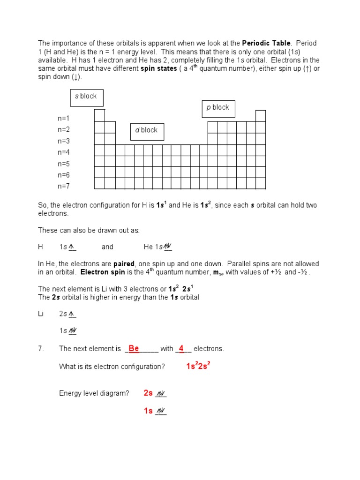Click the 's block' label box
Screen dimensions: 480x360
coord(87,97)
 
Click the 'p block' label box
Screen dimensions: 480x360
coord(218,108)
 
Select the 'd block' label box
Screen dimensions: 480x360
coord(147,131)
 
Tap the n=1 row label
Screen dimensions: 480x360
coord(64,119)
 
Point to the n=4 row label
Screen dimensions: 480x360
coord(64,152)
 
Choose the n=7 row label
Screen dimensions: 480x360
coord(64,186)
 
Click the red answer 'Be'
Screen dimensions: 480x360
coord(134,348)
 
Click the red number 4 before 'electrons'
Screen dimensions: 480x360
coord(181,348)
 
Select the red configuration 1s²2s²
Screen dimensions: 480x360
coord(198,366)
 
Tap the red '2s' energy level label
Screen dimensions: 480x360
coord(148,393)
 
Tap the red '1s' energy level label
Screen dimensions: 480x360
coord(148,411)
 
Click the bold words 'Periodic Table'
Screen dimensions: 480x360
coord(266,43)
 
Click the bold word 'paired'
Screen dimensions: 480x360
coord(124,264)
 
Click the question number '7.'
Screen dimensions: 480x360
coord(41,349)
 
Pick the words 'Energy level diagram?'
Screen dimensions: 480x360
coord(94,393)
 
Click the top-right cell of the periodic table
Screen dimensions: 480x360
coord(261,116)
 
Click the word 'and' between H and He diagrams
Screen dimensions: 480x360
coord(107,247)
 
